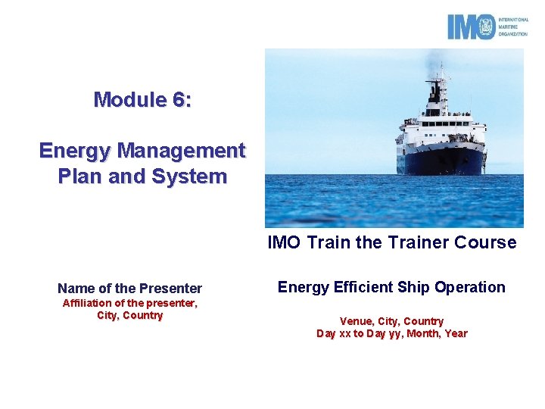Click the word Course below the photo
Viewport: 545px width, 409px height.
pyautogui.click(x=491, y=242)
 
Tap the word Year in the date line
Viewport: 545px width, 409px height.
pyautogui.click(x=456, y=333)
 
